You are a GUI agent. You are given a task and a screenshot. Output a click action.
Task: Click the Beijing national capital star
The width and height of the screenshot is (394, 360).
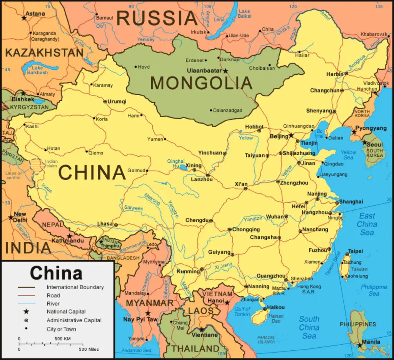291,136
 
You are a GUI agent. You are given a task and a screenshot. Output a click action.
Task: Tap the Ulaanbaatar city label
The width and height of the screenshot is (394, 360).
204,71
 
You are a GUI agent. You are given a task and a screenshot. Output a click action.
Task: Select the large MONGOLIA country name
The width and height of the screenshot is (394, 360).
201,83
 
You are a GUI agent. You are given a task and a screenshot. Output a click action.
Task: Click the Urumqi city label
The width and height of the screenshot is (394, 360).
117,102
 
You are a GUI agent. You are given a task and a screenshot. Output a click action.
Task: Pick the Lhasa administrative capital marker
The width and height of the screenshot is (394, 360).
116,225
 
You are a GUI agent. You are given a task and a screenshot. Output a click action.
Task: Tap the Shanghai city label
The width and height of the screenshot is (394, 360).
351,202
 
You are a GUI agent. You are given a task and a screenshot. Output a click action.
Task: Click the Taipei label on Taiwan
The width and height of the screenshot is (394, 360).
356,251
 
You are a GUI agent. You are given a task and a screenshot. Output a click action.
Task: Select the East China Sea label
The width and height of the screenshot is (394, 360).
367,224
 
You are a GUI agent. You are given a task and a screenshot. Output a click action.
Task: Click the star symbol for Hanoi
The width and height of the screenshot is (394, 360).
227,303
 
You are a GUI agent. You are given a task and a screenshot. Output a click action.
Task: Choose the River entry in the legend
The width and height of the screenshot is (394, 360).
53,303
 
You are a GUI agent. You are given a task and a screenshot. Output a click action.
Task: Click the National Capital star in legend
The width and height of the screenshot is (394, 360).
26,311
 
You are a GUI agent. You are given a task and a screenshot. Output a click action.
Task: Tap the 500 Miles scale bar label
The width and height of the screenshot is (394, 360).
89,349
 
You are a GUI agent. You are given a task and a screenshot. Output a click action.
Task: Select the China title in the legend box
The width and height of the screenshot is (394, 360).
56,273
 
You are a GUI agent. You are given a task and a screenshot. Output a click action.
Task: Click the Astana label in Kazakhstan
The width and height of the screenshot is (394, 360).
35,14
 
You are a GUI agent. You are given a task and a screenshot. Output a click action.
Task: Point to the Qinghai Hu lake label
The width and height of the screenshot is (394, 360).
176,164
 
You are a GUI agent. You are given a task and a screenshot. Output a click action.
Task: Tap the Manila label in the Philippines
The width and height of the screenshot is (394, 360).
371,342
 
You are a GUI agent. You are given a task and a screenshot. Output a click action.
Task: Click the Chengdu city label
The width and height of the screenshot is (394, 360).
197,220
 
